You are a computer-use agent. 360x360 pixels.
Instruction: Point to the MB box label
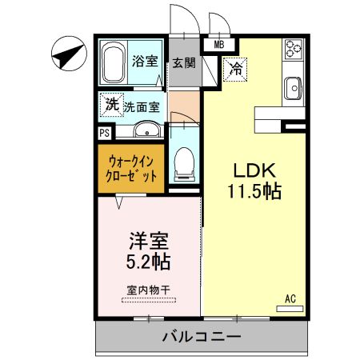218,45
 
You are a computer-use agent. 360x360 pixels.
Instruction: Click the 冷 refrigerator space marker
236,70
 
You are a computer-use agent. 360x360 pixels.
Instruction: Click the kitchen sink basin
292,86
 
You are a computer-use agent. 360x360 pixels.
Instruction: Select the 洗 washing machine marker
113,103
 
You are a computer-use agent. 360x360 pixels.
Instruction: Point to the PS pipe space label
105,133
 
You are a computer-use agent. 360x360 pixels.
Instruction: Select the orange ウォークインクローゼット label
131,168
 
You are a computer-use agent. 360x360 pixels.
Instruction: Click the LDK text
254,170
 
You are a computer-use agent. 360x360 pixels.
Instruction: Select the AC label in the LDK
291,299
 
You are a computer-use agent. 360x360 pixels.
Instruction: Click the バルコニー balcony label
200,337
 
